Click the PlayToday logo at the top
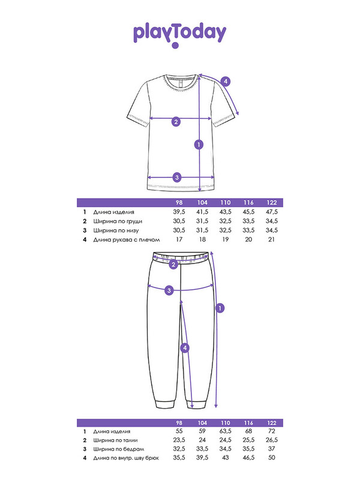tap(179, 35)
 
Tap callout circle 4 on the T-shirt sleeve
tap(226, 82)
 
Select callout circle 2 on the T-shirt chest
tap(176, 122)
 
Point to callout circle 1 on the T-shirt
tap(199, 145)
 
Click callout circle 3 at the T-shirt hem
tap(176, 177)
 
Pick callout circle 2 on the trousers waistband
tap(173, 265)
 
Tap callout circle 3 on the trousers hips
tap(169, 290)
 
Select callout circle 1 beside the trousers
tap(220, 308)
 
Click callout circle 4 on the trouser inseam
tap(185, 348)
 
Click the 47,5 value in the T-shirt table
tap(272, 212)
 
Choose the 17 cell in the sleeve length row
tap(179, 239)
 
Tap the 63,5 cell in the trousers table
tap(226, 431)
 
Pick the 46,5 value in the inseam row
tap(248, 458)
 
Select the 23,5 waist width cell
tap(179, 440)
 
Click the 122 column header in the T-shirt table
tap(272, 203)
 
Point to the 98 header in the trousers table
tap(179, 423)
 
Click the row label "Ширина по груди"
tap(118, 221)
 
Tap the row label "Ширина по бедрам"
tap(119, 449)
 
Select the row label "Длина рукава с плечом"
tap(127, 239)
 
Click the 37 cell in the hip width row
tap(272, 449)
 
